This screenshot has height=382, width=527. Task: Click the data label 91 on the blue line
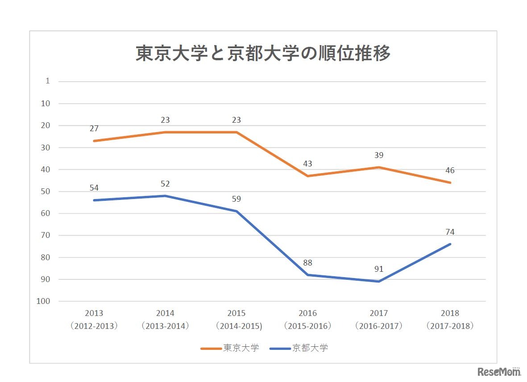379,269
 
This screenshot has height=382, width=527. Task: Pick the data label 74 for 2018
450,232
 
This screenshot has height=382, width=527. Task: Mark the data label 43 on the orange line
307,164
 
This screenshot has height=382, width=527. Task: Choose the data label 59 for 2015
236,199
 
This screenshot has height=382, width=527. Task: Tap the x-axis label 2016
307,313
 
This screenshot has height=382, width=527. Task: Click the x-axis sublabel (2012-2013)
94,326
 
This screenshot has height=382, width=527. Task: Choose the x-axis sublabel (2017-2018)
450,326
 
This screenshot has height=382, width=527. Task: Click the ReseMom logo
499,371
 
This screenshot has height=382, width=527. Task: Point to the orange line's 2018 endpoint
450,183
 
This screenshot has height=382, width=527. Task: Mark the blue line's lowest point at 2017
379,282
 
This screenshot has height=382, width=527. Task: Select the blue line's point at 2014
165,196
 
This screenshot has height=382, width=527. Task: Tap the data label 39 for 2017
379,155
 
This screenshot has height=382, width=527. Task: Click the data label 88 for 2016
307,263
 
